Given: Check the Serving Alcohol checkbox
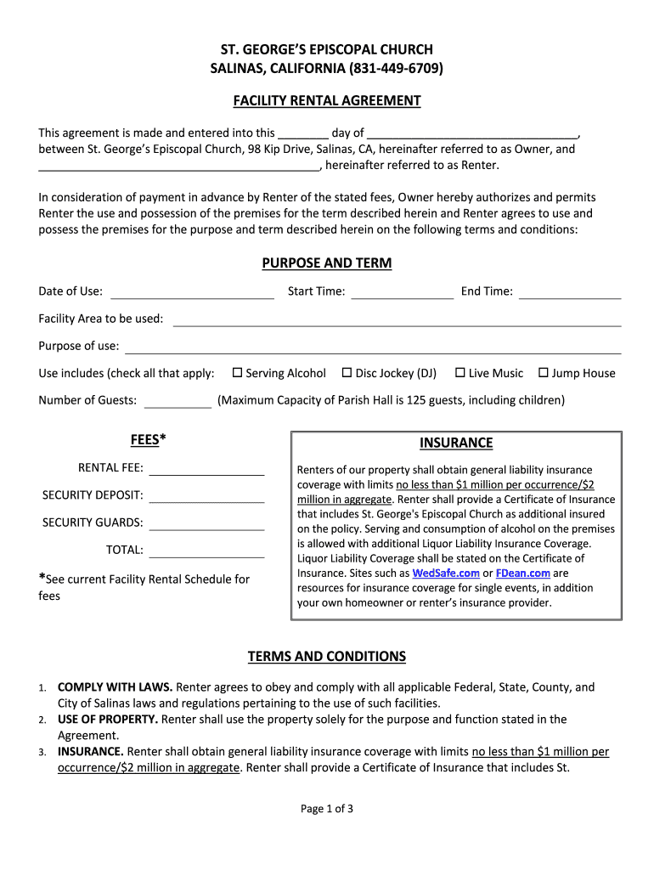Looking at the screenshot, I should (238, 373).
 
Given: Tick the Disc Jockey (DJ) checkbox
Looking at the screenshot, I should (347, 373).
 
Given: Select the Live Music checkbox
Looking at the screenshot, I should (460, 373).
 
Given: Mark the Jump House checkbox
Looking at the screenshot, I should (544, 373).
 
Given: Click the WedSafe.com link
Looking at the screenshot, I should (446, 573).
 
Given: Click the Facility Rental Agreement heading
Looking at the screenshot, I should (327, 101).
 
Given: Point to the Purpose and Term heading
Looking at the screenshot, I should (327, 263).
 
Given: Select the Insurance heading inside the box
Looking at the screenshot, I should (456, 443).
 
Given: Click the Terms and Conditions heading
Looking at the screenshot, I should (327, 657).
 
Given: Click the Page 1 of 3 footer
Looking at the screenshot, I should (327, 809).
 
